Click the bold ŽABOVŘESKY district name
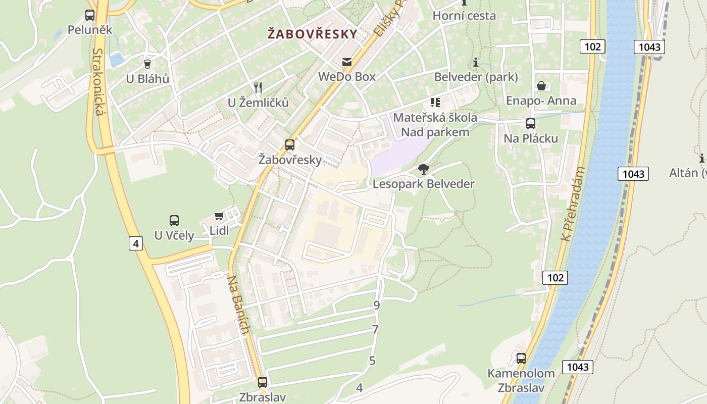pyautogui.click(x=312, y=34)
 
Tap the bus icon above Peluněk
pyautogui.click(x=90, y=15)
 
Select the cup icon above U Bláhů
pyautogui.click(x=147, y=64)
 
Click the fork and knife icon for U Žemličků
pyautogui.click(x=258, y=87)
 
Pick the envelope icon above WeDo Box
pyautogui.click(x=347, y=62)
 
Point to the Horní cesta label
pyautogui.click(x=464, y=16)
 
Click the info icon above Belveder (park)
pyautogui.click(x=476, y=63)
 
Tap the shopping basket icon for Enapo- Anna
pyautogui.click(x=541, y=86)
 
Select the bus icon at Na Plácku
pyautogui.click(x=531, y=124)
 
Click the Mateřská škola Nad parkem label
pyautogui.click(x=435, y=125)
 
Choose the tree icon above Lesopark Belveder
pyautogui.click(x=424, y=169)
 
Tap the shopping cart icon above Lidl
pyautogui.click(x=219, y=216)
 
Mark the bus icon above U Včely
pyautogui.click(x=174, y=221)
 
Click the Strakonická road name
pyautogui.click(x=98, y=82)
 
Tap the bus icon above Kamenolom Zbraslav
pyautogui.click(x=521, y=359)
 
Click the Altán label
pyautogui.click(x=687, y=173)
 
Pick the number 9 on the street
pyautogui.click(x=376, y=305)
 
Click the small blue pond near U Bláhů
pyautogui.click(x=117, y=59)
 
